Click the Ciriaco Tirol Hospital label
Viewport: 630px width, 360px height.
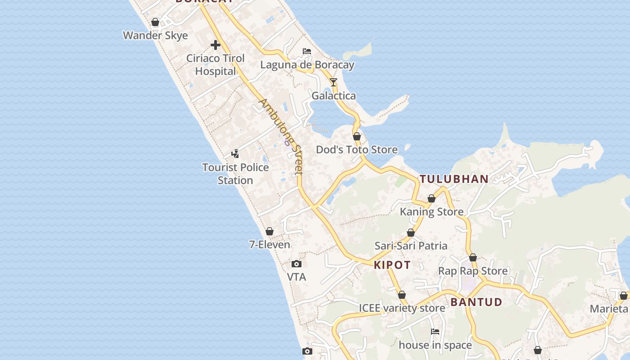[x=216, y=65]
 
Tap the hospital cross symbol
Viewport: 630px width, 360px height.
[x=216, y=45]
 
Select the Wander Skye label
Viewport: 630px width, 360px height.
[x=155, y=36]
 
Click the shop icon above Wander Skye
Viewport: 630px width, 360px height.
[x=155, y=22]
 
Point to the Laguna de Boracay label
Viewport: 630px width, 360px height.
[x=307, y=65]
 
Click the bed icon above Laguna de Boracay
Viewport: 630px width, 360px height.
[x=307, y=51]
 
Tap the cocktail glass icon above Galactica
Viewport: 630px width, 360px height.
[x=333, y=82]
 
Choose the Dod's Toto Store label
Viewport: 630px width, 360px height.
[x=356, y=150]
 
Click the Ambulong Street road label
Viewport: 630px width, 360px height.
[x=281, y=136]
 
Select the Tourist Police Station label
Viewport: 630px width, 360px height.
[x=235, y=174]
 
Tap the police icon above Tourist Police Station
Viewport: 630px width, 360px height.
[x=235, y=154]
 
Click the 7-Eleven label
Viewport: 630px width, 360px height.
[x=270, y=245]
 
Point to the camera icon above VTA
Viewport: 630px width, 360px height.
[x=297, y=264]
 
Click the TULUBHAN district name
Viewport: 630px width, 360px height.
[x=454, y=179]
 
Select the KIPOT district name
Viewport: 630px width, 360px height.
[x=392, y=265]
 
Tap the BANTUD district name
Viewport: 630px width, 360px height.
[x=476, y=302]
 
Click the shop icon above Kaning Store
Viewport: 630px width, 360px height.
[x=432, y=198]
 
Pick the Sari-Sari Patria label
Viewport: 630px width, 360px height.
[x=411, y=246]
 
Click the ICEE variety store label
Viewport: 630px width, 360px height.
[x=402, y=308]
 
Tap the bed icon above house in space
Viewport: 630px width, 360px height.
[x=435, y=332]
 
